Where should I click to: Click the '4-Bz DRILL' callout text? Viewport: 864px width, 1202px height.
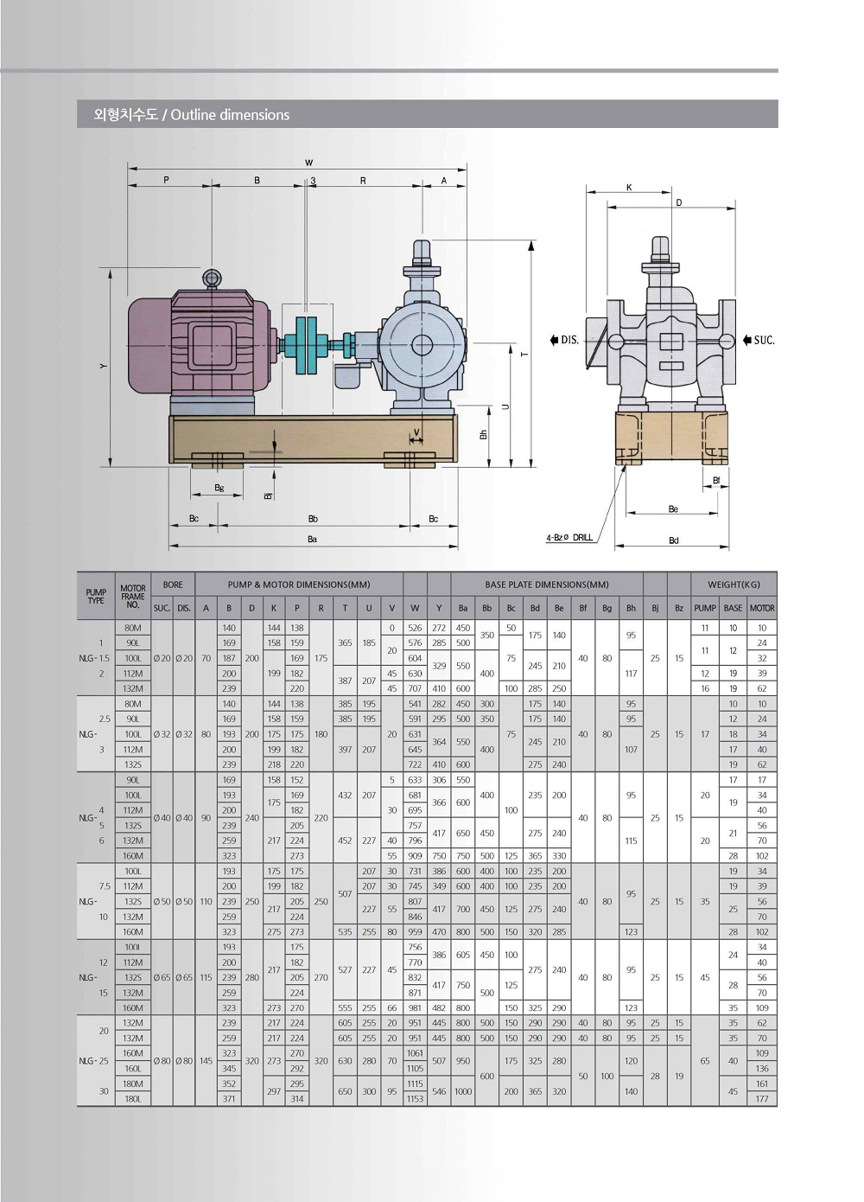point(569,537)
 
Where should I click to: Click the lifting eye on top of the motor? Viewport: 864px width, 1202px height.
point(211,278)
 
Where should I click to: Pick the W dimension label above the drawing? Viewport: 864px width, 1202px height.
point(308,163)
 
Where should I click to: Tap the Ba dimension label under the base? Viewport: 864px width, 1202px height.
point(312,539)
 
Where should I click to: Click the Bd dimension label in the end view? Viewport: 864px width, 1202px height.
point(674,540)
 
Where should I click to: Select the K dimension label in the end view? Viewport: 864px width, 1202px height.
point(629,188)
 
